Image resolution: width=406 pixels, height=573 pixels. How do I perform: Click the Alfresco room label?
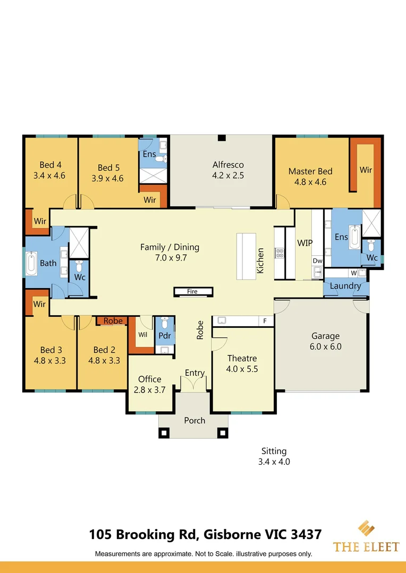[228, 165]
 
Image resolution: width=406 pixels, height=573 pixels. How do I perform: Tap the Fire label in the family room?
[192, 291]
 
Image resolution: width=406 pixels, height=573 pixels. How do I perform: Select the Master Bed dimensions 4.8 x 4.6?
[310, 182]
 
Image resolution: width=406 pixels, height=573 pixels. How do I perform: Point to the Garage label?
[325, 336]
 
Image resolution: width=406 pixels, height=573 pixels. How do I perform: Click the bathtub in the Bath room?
[31, 263]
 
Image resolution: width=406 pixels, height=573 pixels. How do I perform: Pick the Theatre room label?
[242, 358]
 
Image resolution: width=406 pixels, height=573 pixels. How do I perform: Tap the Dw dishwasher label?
[317, 261]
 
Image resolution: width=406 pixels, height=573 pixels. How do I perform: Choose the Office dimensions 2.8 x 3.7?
[149, 390]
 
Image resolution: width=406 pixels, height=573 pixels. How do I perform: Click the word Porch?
[194, 421]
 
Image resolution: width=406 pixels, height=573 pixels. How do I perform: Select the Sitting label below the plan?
[274, 452]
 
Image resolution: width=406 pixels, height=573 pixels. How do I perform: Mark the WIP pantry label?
[304, 242]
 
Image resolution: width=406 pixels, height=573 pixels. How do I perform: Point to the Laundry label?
[345, 286]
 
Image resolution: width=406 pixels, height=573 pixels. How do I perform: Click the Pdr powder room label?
[165, 336]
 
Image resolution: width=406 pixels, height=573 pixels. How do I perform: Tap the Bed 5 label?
[108, 168]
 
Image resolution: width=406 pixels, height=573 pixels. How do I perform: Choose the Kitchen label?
[260, 261]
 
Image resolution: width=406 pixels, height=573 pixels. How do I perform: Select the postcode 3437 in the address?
[306, 535]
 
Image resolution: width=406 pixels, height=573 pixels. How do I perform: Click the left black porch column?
[164, 433]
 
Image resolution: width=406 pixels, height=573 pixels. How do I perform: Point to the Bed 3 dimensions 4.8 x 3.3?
[50, 361]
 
